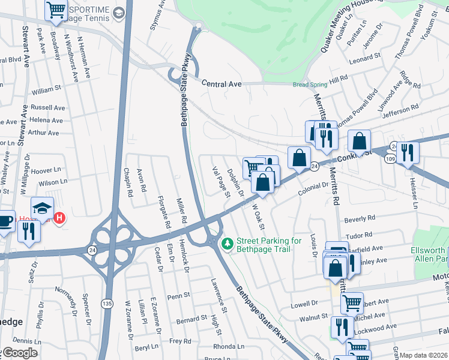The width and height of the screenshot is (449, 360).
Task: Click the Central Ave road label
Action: (x=221, y=85)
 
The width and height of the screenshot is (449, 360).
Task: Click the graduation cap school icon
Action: (x=43, y=208)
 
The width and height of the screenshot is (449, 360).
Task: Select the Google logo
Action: (x=19, y=353)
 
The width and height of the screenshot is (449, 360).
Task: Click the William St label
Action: (x=47, y=91)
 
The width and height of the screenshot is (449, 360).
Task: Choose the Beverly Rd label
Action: (x=360, y=218)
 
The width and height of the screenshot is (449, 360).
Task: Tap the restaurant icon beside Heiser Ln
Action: (x=408, y=153)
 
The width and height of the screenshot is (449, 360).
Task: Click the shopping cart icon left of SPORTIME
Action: (x=56, y=9)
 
